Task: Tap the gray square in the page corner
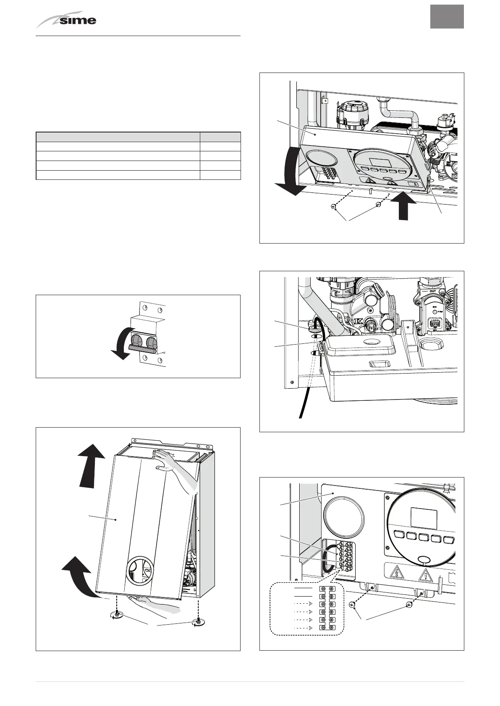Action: tap(447, 17)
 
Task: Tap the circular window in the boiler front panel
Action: tap(141, 570)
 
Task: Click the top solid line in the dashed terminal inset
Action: tap(304, 588)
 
